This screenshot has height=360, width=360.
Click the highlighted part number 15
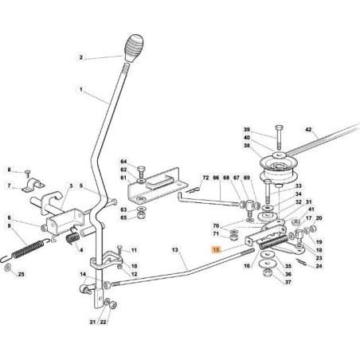[x=215, y=250]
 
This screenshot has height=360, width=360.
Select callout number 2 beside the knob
[x=80, y=57]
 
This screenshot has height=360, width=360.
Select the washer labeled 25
[x=8, y=274]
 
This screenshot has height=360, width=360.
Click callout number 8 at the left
[x=9, y=170]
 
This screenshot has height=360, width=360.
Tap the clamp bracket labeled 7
[x=36, y=187]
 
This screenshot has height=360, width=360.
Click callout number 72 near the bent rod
[x=205, y=178]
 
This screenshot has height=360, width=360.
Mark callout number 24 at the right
[x=319, y=267]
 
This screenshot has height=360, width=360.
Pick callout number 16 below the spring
[x=248, y=267]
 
